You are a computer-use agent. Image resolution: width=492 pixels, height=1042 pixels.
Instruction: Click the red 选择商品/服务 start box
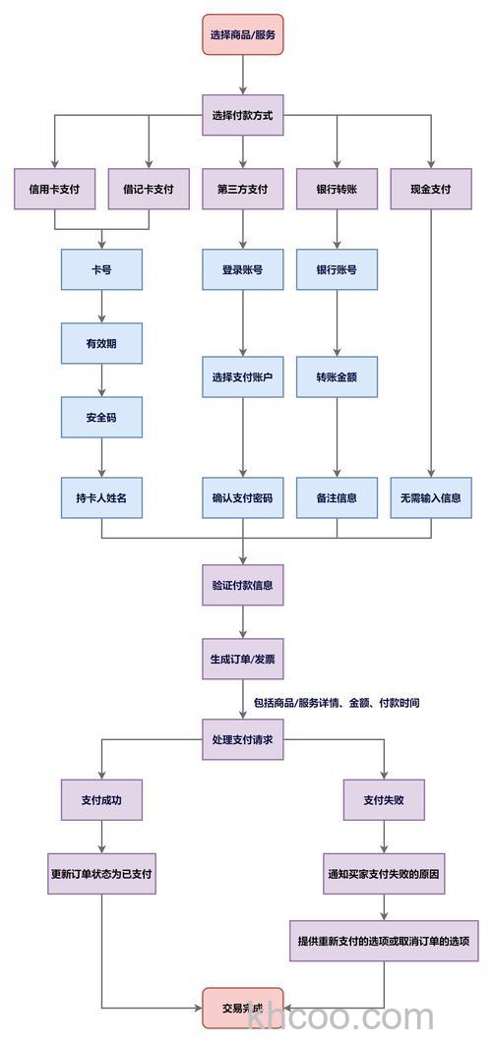pos(243,34)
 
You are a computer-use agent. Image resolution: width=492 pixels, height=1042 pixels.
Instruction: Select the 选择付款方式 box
pos(243,115)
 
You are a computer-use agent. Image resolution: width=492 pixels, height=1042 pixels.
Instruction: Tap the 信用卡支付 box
pos(55,189)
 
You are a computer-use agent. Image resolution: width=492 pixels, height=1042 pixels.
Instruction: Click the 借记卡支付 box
pos(149,189)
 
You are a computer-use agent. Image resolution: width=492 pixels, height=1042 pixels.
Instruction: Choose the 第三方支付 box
pos(243,189)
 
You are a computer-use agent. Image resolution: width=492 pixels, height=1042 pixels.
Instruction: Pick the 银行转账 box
pos(337,189)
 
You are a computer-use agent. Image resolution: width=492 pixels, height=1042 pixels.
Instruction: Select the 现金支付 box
pos(431,189)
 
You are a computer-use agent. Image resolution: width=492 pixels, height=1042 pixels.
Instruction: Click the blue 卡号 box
pos(101,269)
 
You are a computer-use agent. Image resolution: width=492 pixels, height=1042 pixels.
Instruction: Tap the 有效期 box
pos(101,343)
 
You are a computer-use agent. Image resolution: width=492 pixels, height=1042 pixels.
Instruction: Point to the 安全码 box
pos(101,418)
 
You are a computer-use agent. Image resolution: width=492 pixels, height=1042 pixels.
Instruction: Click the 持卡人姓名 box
pos(101,497)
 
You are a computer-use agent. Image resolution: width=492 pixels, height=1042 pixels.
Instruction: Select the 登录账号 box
pos(243,269)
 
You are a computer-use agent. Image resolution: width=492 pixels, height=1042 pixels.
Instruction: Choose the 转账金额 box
pos(337,377)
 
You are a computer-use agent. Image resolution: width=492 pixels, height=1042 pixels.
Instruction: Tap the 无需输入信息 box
pos(431,497)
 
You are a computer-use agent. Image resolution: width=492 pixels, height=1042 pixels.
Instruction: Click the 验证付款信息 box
pos(243,585)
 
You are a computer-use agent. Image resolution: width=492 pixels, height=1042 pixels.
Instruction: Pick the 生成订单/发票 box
pos(243,659)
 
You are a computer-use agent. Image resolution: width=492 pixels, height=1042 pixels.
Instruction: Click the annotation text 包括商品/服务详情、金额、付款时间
pos(337,704)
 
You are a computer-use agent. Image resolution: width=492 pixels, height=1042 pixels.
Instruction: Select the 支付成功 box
pos(101,799)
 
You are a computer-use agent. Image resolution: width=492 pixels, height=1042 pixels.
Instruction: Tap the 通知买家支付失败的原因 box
pos(385,873)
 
